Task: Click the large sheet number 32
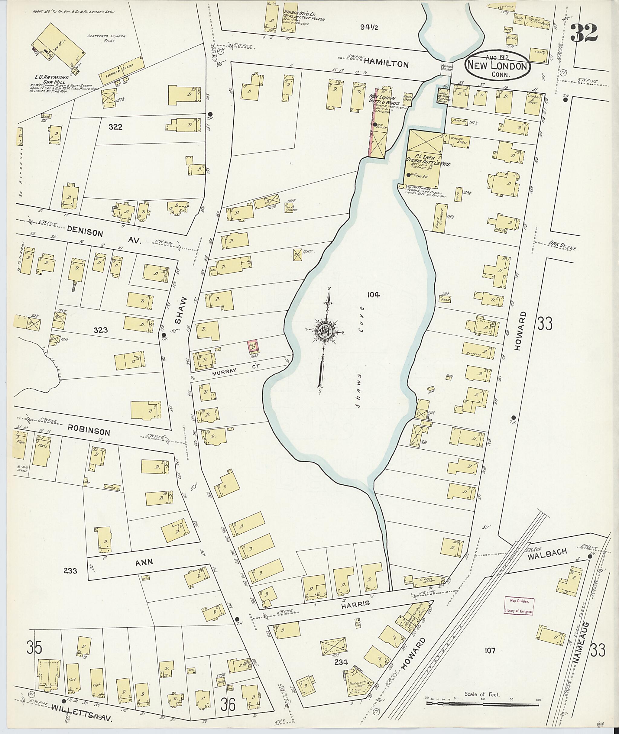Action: (584, 33)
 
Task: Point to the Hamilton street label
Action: (386, 64)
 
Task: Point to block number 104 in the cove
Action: (373, 295)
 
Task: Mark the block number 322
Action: (115, 127)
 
